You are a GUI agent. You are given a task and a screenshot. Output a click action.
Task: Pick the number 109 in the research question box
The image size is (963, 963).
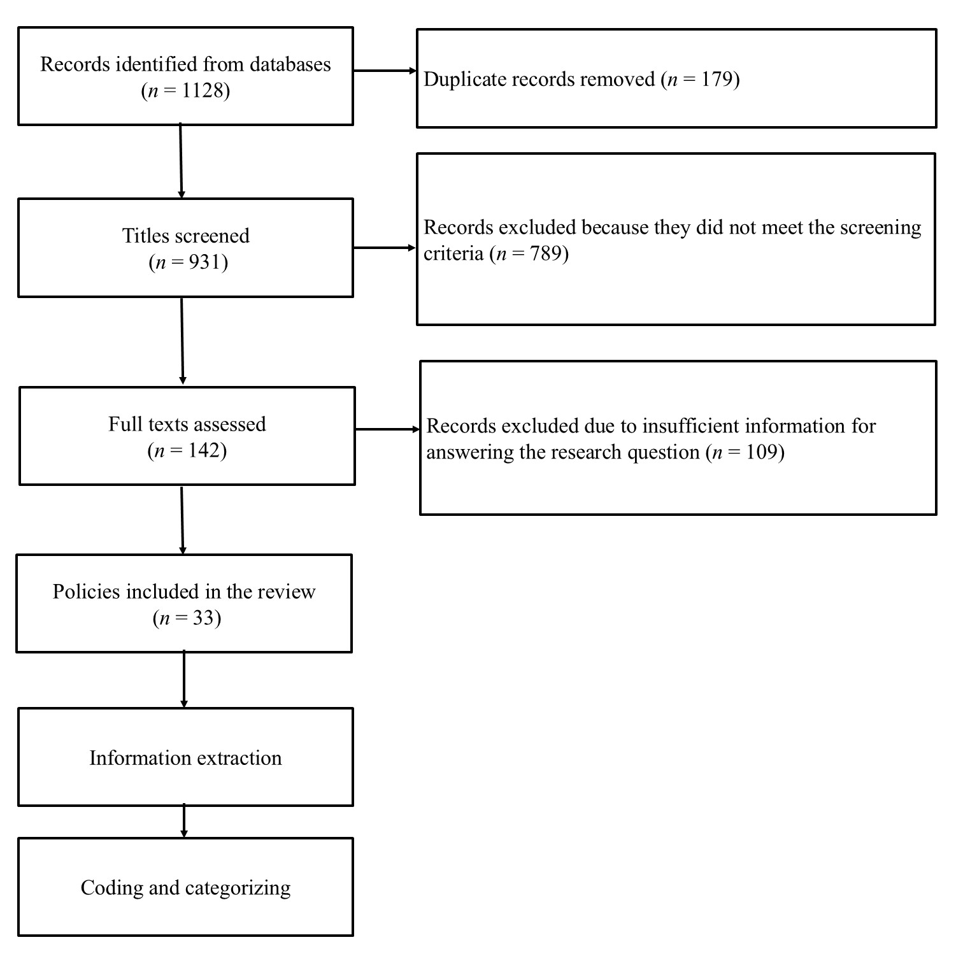762,453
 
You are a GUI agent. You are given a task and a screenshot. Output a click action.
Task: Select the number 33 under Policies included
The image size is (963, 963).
203,618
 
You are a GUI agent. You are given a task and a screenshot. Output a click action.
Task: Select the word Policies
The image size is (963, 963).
86,592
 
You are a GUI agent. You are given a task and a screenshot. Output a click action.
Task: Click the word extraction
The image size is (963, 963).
239,759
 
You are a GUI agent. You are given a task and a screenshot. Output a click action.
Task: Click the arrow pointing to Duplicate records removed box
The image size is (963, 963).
385,71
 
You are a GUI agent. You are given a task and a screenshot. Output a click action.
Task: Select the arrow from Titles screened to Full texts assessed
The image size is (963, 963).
182,341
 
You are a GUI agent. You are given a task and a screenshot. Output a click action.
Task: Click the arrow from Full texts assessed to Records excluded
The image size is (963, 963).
387,429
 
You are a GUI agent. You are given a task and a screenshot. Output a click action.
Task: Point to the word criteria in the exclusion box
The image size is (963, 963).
453,254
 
